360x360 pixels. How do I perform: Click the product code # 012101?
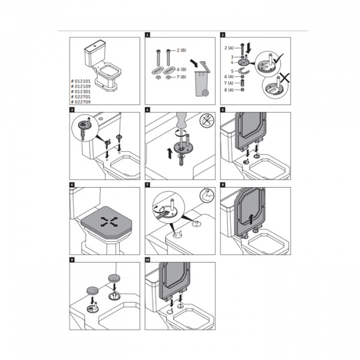[x=83, y=80]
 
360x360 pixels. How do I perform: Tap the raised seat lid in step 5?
[x=251, y=129]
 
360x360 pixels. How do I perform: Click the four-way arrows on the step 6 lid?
[x=109, y=221]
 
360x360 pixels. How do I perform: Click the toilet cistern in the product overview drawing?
[x=95, y=50]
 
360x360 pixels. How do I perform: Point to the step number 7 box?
[x=147, y=184]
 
